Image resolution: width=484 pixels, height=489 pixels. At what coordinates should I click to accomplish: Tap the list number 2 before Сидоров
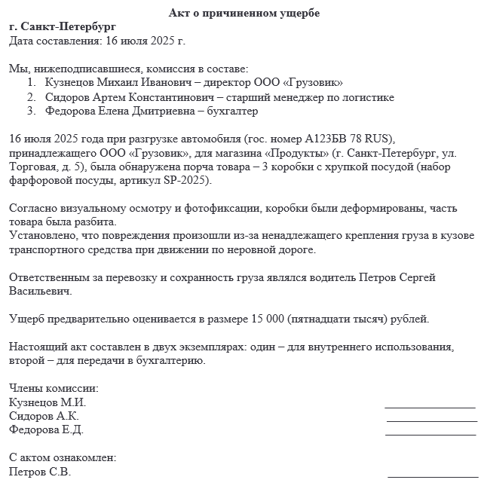[31, 97]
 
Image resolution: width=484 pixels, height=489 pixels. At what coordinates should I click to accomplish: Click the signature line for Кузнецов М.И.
[430, 407]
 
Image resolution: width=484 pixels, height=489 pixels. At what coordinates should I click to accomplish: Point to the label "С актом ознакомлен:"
[63, 457]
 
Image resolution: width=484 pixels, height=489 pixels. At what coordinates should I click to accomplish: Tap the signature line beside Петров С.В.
[432, 476]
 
